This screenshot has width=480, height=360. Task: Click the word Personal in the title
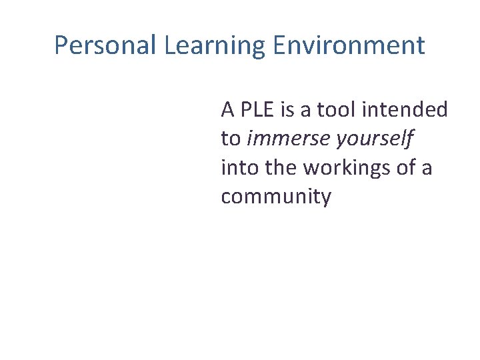point(105,45)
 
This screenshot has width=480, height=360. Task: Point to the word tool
point(344,109)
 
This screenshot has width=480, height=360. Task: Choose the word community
point(275,197)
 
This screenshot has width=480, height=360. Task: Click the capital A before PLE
point(228,109)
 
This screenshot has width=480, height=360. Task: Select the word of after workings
point(405,167)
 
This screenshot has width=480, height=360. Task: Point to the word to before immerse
point(231,139)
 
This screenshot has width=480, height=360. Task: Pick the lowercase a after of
point(426,168)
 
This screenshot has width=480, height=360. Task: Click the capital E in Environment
point(279,45)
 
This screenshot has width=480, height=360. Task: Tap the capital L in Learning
point(169,45)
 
